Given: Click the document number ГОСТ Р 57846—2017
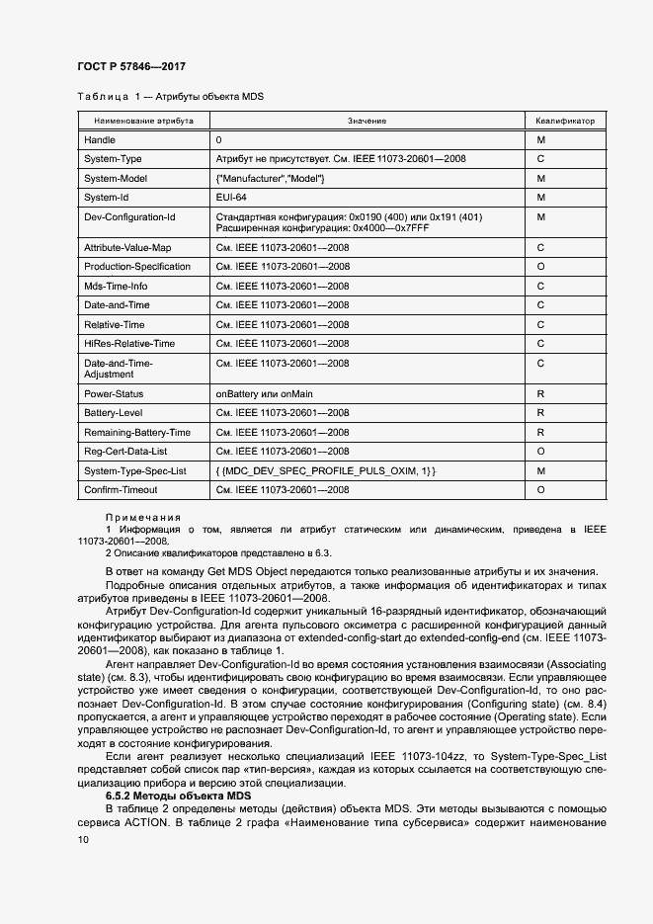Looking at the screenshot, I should [131, 66].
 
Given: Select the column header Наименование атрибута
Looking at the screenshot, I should [143, 121].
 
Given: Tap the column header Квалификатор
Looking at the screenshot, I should [565, 121].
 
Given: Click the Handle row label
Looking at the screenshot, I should [100, 140].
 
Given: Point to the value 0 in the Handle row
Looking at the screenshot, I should [218, 140].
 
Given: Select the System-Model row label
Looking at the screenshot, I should [116, 178].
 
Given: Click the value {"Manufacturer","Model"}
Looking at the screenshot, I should [270, 178].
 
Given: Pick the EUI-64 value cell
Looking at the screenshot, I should [230, 197].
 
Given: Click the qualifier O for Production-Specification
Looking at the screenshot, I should [540, 267].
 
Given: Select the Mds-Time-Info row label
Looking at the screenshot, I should [116, 286].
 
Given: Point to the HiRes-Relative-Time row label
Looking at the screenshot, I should [129, 343].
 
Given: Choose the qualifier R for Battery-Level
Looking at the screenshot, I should [540, 413].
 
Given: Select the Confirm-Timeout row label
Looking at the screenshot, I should [121, 489].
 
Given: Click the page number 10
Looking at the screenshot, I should [83, 839].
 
